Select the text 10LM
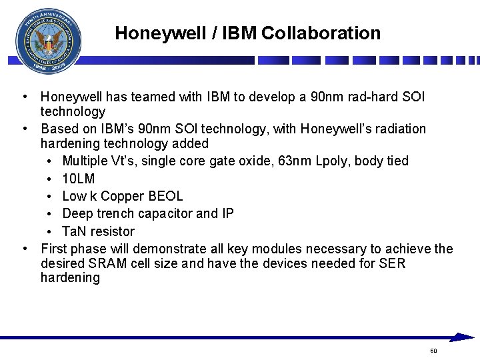click(79, 179)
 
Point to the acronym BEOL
click(167, 196)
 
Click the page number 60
click(434, 351)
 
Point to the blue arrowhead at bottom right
click(461, 337)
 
